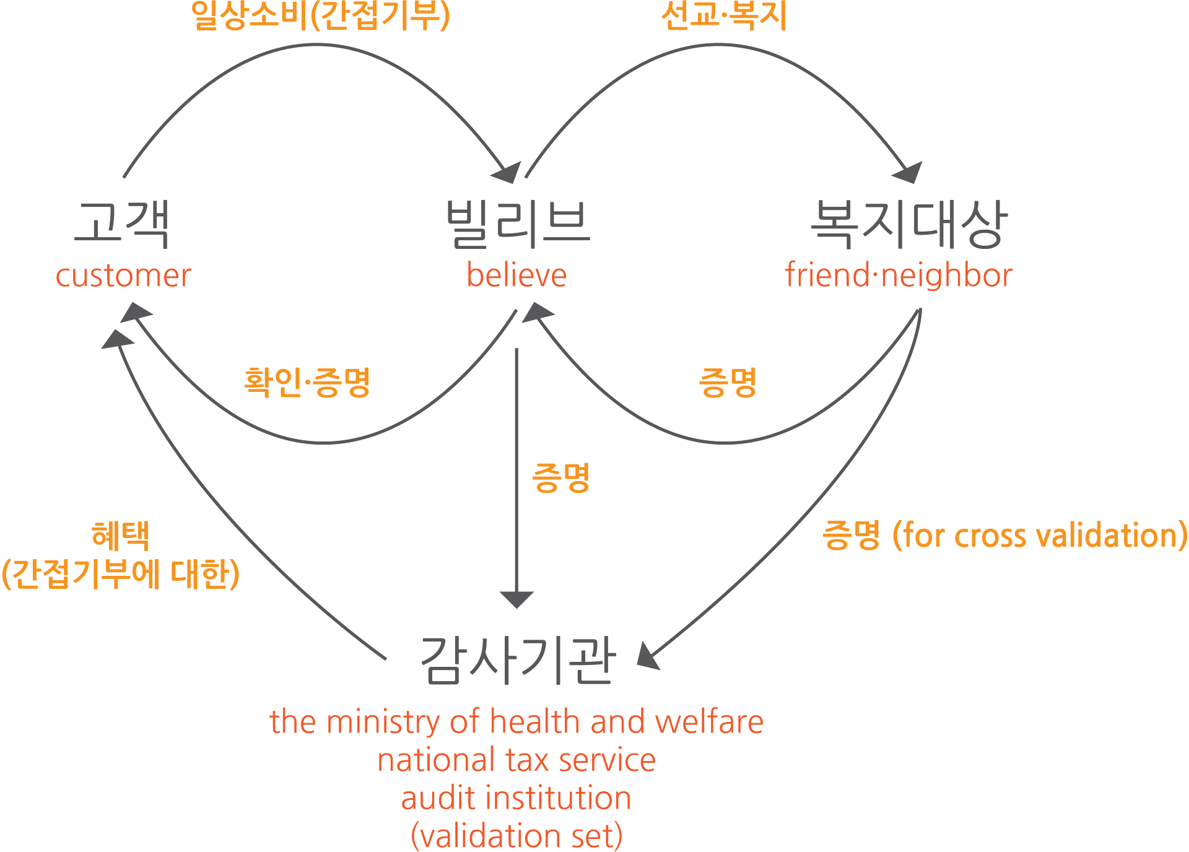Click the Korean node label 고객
point(121,224)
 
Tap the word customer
point(123,276)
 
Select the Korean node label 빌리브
point(518,224)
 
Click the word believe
point(516,276)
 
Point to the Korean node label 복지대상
point(909,224)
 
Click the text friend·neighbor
point(899,276)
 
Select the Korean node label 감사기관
point(518,661)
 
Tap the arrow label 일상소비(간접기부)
point(320,15)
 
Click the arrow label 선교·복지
point(723,15)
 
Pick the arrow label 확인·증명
point(307,382)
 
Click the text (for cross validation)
point(1040,536)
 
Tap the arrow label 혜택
point(121,536)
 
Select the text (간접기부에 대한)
point(121,574)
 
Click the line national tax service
point(516,760)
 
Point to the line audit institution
point(516,798)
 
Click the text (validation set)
point(516,836)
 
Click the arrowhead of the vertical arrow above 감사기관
point(516,599)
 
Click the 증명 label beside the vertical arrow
point(561,478)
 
